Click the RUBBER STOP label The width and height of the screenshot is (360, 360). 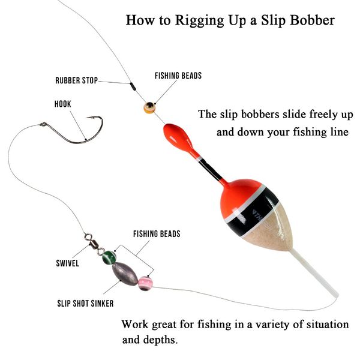click(x=76, y=80)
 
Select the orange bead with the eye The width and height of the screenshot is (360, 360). click(x=149, y=107)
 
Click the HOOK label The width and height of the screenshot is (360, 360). click(x=62, y=104)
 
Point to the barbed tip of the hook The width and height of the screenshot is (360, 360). click(x=87, y=118)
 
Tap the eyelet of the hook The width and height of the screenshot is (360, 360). click(x=43, y=124)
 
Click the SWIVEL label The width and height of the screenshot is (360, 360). click(x=67, y=263)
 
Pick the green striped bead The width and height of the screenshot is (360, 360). click(x=109, y=257)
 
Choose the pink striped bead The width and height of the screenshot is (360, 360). click(x=145, y=284)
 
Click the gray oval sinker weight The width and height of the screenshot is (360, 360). click(x=125, y=274)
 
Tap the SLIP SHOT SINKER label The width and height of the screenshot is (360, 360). click(x=85, y=304)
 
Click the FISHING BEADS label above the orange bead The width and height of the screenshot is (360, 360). click(x=178, y=76)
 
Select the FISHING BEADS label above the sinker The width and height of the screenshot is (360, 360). click(x=157, y=234)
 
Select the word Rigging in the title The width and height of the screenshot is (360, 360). click(x=199, y=20)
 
